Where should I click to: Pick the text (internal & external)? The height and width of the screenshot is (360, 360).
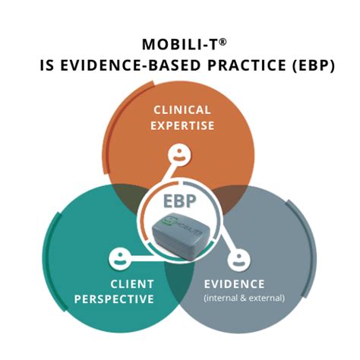tap(244, 298)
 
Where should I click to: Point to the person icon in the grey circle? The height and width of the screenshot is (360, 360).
tap(242, 259)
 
